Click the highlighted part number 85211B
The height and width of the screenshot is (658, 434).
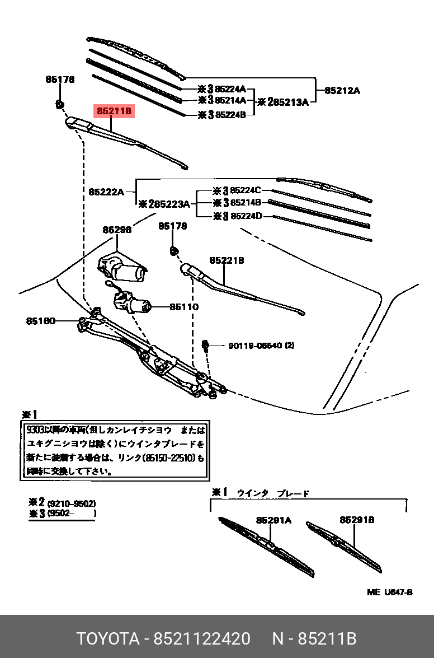coord(114,111)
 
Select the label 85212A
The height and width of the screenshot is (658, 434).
coord(343,90)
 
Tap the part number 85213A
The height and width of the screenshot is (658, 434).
coord(288,102)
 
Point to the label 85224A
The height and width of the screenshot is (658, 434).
coord(230,88)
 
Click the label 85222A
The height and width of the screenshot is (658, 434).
coord(106,192)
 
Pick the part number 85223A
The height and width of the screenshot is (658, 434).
coord(171,204)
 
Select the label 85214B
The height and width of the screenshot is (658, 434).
coord(246,203)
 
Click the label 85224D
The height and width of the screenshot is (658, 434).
coord(246,216)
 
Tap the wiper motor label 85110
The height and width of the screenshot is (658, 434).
coord(185,307)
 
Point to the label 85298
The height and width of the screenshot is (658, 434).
coord(117,230)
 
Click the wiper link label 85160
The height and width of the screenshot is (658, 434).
coord(40,321)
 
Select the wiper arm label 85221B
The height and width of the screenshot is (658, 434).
coord(227,260)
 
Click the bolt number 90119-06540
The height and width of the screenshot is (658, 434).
coord(256,346)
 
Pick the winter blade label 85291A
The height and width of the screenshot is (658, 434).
coord(274,520)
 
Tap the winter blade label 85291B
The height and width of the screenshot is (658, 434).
coord(357,520)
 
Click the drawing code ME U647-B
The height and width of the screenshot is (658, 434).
coord(389,592)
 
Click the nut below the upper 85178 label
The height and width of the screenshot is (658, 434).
coord(60,104)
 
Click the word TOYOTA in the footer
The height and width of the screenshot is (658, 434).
coord(107,638)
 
